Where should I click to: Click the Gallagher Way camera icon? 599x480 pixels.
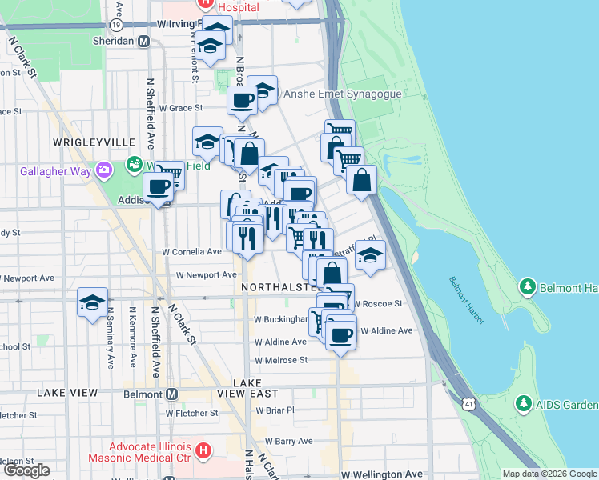(104, 169)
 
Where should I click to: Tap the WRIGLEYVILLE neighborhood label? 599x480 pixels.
(94, 142)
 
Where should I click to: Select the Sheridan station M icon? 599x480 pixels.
(144, 42)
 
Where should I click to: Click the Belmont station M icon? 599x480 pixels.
(171, 394)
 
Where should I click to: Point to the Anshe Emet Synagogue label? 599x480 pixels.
(342, 94)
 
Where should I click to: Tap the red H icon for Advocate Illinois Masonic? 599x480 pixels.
(203, 451)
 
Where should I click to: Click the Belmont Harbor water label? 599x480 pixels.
(467, 300)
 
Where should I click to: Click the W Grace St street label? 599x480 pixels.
(181, 107)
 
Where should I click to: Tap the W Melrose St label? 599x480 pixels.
(281, 360)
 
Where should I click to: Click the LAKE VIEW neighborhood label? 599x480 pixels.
(67, 393)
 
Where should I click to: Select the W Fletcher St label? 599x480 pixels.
(191, 414)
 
